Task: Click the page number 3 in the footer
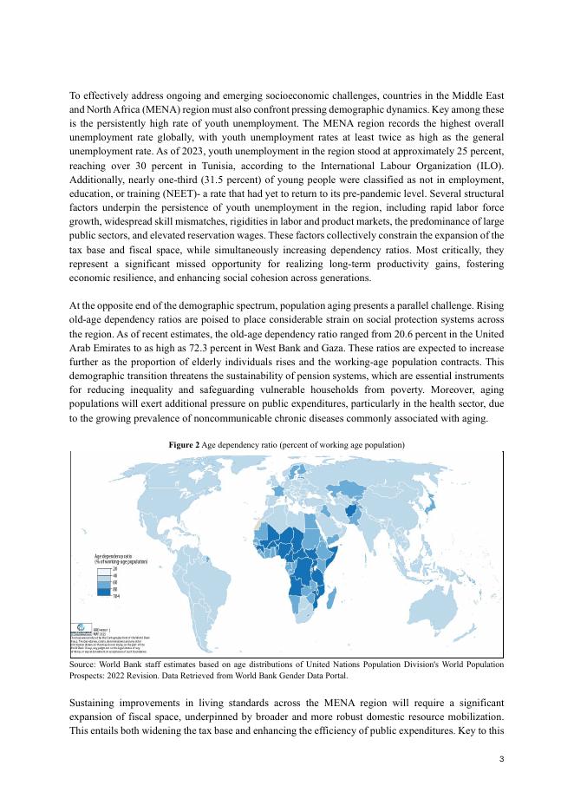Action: (502, 760)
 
